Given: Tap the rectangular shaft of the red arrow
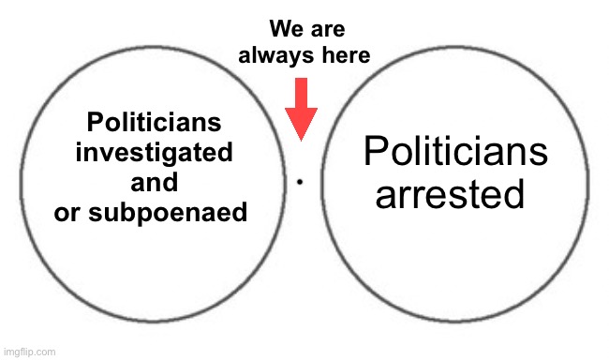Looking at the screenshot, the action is (x=301, y=92).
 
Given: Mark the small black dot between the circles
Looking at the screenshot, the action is (x=299, y=182).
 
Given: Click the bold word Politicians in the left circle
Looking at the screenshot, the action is (x=154, y=123).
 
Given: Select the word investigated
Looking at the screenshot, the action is (x=154, y=153).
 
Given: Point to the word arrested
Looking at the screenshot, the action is (x=448, y=195).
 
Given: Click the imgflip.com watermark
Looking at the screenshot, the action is (x=29, y=352).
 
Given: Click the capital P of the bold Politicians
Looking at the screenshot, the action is (x=93, y=123).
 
